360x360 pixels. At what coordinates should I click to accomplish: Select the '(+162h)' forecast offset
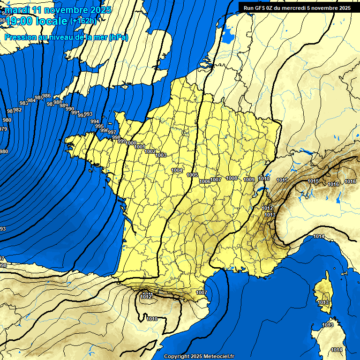83,21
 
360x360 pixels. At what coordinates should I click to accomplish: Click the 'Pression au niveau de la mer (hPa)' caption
66,37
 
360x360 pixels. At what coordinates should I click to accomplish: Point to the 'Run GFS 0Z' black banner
297,7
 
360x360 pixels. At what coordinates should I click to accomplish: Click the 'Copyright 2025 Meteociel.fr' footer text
199,356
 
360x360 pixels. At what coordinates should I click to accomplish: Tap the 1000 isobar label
131,143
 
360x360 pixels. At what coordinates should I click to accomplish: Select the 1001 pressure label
140,147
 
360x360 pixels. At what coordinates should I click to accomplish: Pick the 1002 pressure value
150,151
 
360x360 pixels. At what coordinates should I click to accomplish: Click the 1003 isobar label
161,155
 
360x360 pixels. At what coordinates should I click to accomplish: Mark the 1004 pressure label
177,170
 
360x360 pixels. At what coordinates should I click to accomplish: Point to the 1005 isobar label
192,175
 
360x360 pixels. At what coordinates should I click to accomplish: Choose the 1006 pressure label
205,181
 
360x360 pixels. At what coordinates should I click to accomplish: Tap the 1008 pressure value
232,178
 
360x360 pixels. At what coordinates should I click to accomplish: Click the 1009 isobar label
249,180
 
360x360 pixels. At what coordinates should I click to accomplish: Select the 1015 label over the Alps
313,181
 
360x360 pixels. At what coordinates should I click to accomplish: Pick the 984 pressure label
31,100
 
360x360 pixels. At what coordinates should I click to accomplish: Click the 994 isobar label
95,121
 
